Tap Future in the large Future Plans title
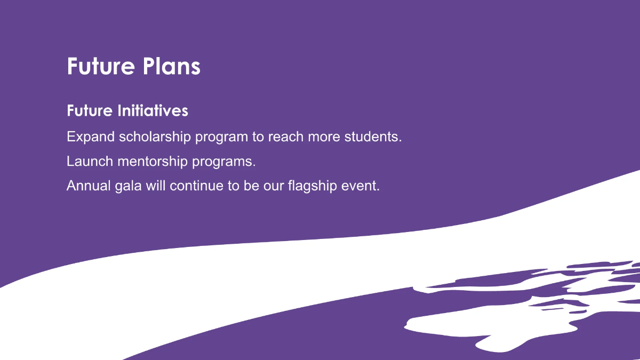point(100,67)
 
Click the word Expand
point(91,137)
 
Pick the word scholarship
point(155,137)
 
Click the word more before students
point(325,137)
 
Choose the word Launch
point(90,161)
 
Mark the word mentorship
point(150,161)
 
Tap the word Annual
point(88,186)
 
